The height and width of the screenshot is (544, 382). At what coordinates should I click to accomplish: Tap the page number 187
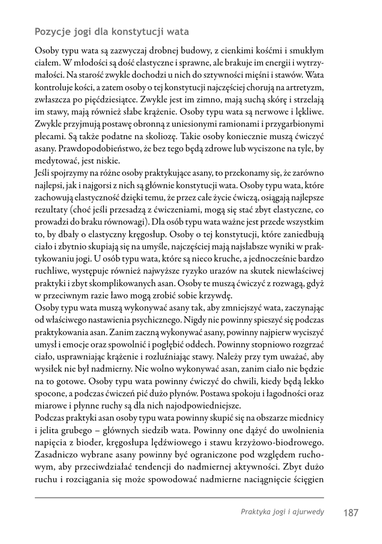pyautogui.click(x=351, y=513)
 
